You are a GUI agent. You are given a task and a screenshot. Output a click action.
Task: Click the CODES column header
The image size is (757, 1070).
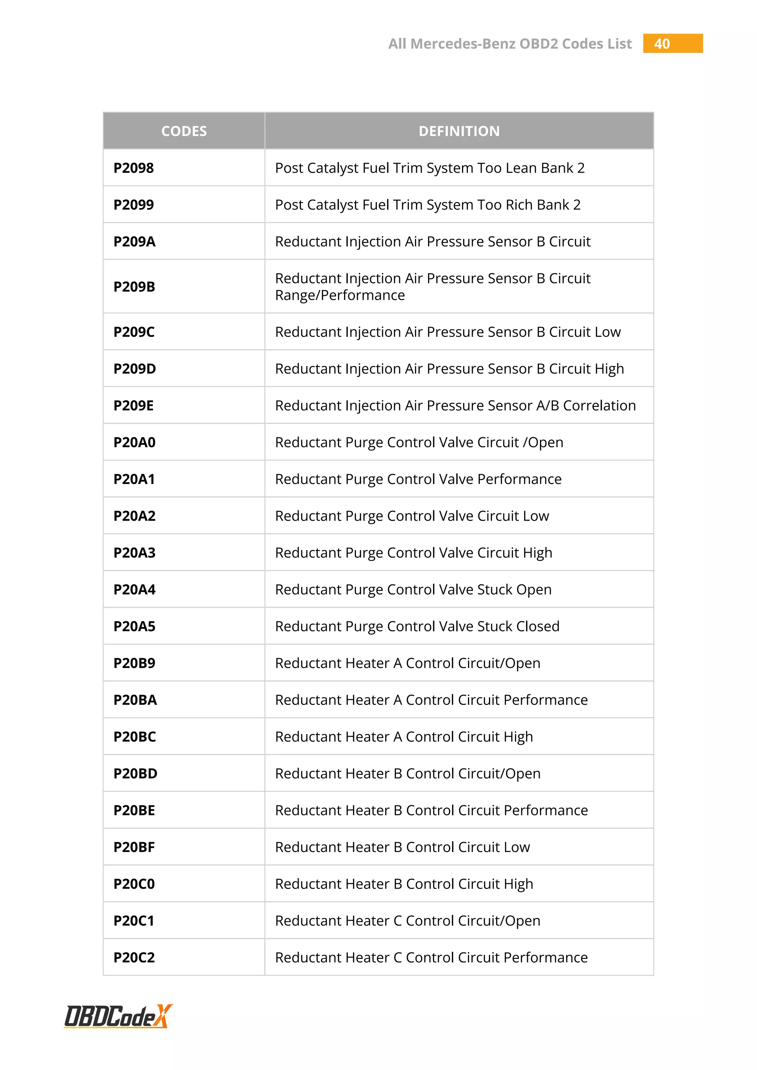tap(184, 131)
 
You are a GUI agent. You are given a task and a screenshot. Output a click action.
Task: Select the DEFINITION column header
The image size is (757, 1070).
tap(459, 131)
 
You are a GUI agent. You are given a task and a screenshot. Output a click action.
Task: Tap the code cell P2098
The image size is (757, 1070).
tap(134, 168)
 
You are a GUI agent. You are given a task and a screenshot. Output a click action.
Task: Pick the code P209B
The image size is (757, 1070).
tap(134, 287)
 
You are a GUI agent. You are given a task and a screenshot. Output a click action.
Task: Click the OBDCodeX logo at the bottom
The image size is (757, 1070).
tap(118, 1016)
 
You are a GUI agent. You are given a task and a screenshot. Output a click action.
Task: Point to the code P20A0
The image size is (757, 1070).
tap(134, 442)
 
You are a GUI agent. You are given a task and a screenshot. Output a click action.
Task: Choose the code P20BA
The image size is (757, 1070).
tap(135, 700)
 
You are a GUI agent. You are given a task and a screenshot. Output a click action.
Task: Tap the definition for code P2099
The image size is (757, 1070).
tap(427, 205)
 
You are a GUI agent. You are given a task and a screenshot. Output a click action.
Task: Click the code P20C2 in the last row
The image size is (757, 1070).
tap(134, 958)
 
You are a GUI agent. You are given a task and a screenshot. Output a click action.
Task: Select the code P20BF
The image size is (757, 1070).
tap(134, 847)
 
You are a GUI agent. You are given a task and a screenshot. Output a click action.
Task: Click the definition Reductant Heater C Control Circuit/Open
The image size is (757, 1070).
tap(407, 921)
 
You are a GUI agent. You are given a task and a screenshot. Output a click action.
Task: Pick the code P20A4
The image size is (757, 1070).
tap(134, 590)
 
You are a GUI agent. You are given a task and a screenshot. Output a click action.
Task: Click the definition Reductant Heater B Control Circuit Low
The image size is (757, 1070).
tap(402, 847)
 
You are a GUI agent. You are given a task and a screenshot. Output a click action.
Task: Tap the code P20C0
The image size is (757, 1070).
tap(134, 884)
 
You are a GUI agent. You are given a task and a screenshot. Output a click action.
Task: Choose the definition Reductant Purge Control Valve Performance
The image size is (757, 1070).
tap(418, 479)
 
